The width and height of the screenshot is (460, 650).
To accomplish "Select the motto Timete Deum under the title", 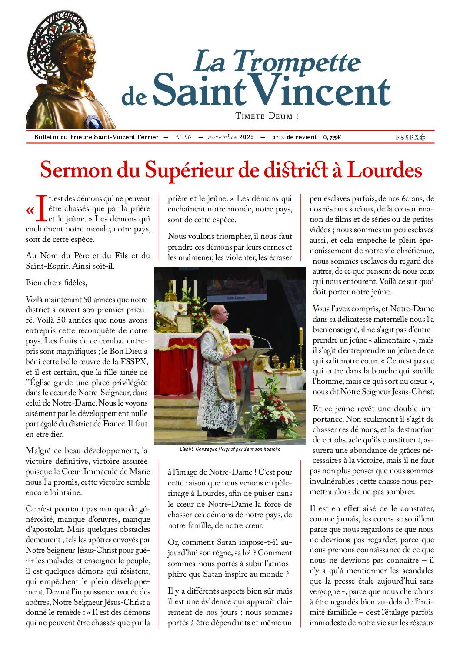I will [267, 116].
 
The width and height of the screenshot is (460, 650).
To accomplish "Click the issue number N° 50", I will [183, 137].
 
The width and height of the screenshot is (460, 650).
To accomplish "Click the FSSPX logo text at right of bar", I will [410, 137].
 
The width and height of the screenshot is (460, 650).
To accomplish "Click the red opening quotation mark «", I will [30, 211].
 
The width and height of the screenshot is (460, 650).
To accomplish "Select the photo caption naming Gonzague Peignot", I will [230, 449].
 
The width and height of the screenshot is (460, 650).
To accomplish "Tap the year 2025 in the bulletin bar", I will [247, 137].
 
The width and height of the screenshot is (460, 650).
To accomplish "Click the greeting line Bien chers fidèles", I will [57, 283].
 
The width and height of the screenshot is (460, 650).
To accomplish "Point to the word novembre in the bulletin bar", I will [222, 137].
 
